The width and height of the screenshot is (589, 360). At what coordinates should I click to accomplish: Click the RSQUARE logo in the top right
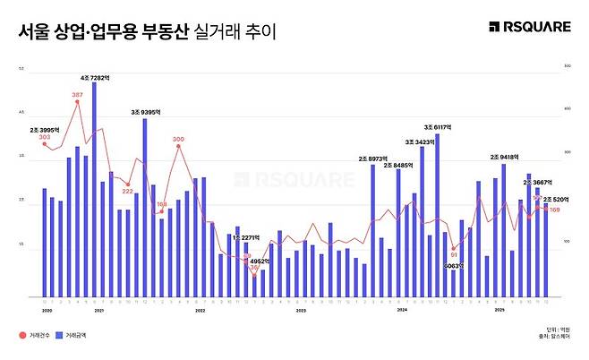529,27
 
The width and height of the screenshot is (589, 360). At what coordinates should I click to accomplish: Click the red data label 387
77,95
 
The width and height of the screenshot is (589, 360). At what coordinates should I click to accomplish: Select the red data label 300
178,140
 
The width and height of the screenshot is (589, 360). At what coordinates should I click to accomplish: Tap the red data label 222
128,191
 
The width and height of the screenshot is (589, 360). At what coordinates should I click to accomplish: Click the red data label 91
454,255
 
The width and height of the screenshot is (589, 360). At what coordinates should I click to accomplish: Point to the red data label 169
554,210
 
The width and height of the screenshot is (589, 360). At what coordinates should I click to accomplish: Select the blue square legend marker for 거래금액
59,335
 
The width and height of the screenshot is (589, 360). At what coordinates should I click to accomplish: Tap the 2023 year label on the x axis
302,309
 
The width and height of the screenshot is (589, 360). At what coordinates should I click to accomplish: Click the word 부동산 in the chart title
165,32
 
